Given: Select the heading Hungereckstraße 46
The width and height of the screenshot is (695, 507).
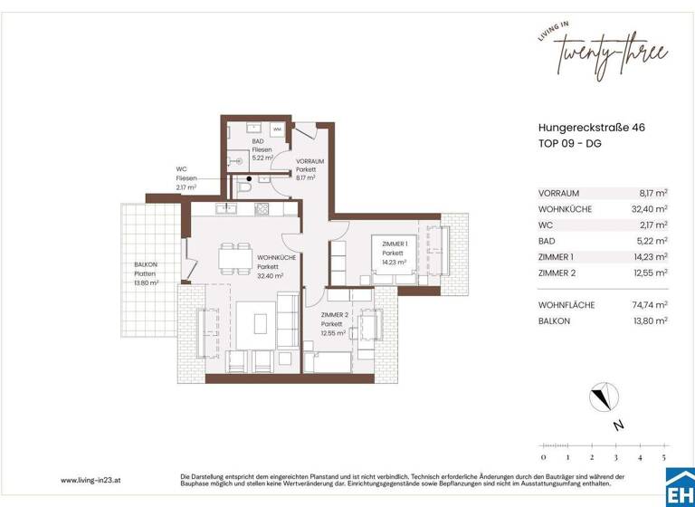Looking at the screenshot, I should click(592, 128).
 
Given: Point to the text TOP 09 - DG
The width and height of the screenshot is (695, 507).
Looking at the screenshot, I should click(569, 144).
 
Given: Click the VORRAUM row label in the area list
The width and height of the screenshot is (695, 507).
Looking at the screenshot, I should click(558, 193).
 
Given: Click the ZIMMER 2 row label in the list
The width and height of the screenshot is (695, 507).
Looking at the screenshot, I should click(557, 273).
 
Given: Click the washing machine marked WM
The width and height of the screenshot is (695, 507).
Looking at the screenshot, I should click(277, 130).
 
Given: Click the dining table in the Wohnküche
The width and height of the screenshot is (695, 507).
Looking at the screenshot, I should click(234, 260).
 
